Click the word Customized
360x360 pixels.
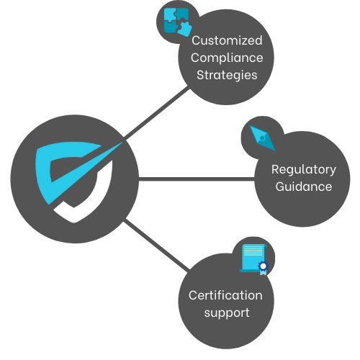pyautogui.click(x=227, y=40)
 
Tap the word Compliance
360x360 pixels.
pyautogui.click(x=227, y=57)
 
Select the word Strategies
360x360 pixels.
pyautogui.click(x=227, y=74)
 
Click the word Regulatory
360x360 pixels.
pyautogui.click(x=303, y=170)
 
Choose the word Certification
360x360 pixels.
pyautogui.click(x=225, y=295)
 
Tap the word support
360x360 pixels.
pyautogui.click(x=226, y=312)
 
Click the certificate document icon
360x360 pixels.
pyautogui.click(x=253, y=258)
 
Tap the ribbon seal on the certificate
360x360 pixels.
pyautogui.click(x=263, y=267)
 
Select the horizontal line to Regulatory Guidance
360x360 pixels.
pyautogui.click(x=194, y=178)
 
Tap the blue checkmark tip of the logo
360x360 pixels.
pyautogui.click(x=115, y=147)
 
